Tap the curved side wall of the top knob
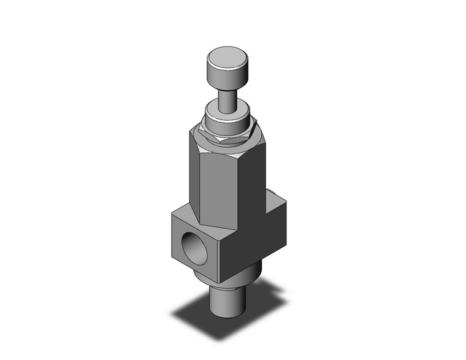pos(226,80)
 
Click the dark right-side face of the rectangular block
pos(258,245)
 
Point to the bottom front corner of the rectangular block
pos(226,277)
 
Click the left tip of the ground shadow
pos(172,315)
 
